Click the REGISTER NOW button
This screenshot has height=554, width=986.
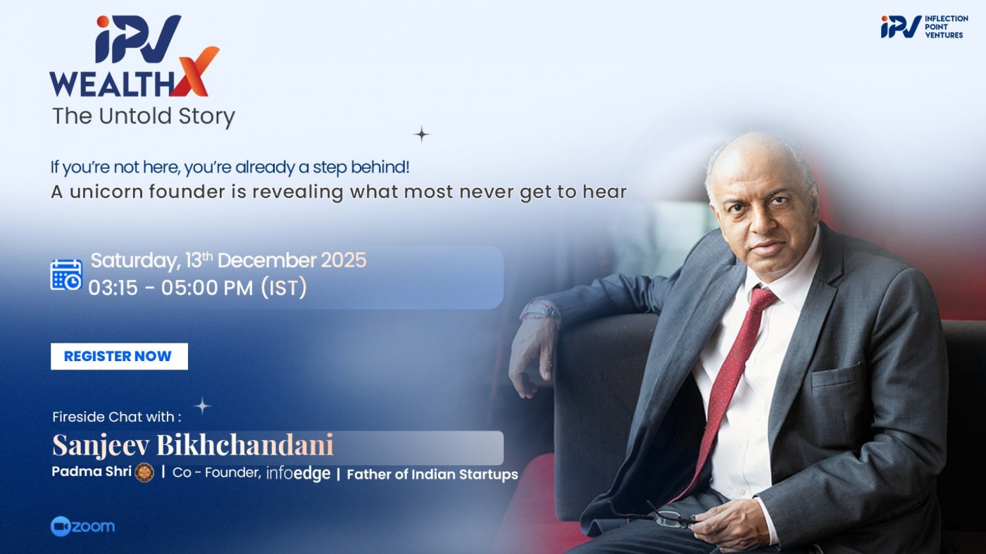click(x=118, y=356)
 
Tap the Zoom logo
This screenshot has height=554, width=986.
click(x=82, y=527)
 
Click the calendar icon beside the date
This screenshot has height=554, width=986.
click(x=66, y=275)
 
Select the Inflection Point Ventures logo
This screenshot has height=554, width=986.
click(x=923, y=27)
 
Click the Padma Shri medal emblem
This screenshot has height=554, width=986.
click(x=144, y=472)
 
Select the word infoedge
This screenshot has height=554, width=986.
click(x=298, y=474)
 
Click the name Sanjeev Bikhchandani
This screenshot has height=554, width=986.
click(x=193, y=445)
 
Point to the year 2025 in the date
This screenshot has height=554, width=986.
click(x=344, y=260)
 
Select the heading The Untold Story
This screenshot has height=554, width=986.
click(x=144, y=116)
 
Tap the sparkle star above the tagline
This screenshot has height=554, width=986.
click(x=421, y=134)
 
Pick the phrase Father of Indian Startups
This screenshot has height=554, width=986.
click(x=432, y=474)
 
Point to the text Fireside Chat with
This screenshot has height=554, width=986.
click(x=116, y=417)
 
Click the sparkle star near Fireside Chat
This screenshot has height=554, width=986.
click(x=202, y=405)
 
